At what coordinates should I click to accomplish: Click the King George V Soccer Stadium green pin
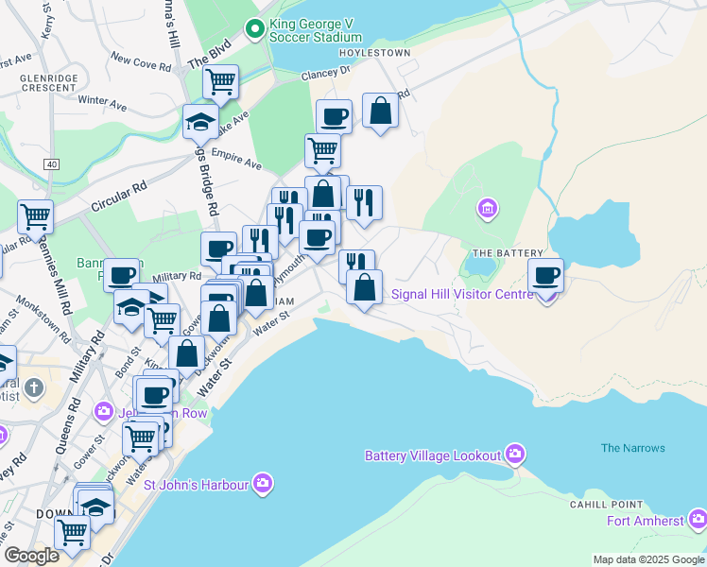pos(254,29)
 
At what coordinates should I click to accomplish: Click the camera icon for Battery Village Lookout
pos(514,455)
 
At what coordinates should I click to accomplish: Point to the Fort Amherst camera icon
pos(698,519)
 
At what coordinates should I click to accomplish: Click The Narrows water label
pos(632,448)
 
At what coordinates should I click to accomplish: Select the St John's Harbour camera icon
pos(263,485)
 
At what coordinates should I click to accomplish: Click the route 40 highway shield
pos(50,163)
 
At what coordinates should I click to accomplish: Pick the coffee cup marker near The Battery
pos(545,276)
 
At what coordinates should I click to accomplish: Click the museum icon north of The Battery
pos(488,207)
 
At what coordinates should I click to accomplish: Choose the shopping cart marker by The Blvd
pos(220,81)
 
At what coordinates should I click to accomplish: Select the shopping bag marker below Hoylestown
pos(380,112)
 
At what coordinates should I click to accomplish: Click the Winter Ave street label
pos(101,99)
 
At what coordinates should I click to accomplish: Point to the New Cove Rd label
pos(140,60)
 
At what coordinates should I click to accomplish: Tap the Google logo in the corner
pos(31,556)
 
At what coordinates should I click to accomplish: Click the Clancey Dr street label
pos(325,72)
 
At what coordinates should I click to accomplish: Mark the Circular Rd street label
pos(119,196)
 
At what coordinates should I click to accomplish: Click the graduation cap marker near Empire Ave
pos(200,121)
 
